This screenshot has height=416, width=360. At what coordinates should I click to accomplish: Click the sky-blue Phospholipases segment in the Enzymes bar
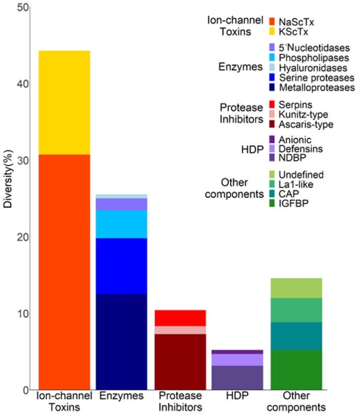pos(121,224)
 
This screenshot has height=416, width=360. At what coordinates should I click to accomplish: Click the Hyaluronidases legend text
pos(312,68)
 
